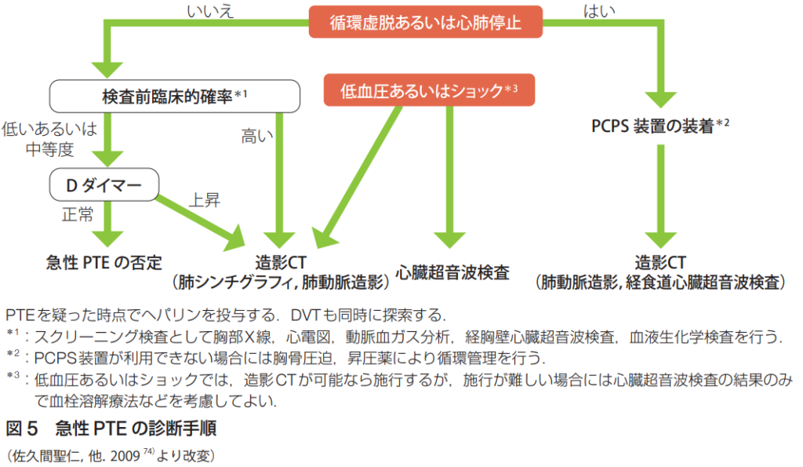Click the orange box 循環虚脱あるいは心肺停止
click(x=425, y=22)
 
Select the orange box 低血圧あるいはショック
click(x=429, y=90)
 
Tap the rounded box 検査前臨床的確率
click(x=174, y=96)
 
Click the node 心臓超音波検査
click(x=452, y=272)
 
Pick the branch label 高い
click(x=256, y=137)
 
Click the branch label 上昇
click(x=204, y=200)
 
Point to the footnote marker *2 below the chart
click(x=13, y=356)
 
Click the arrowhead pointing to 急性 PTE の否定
click(x=103, y=239)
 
